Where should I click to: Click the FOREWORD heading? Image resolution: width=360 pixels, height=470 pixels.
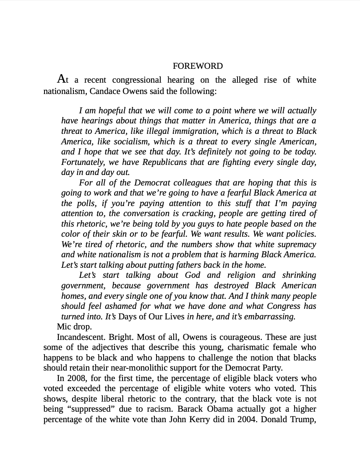tap(198, 66)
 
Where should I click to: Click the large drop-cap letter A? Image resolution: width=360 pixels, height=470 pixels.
tap(61, 79)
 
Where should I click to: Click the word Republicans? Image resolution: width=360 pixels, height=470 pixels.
tap(165, 162)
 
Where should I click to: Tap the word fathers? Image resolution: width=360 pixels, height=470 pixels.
tap(187, 265)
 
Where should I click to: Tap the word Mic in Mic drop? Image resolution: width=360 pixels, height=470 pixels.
tap(64, 326)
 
